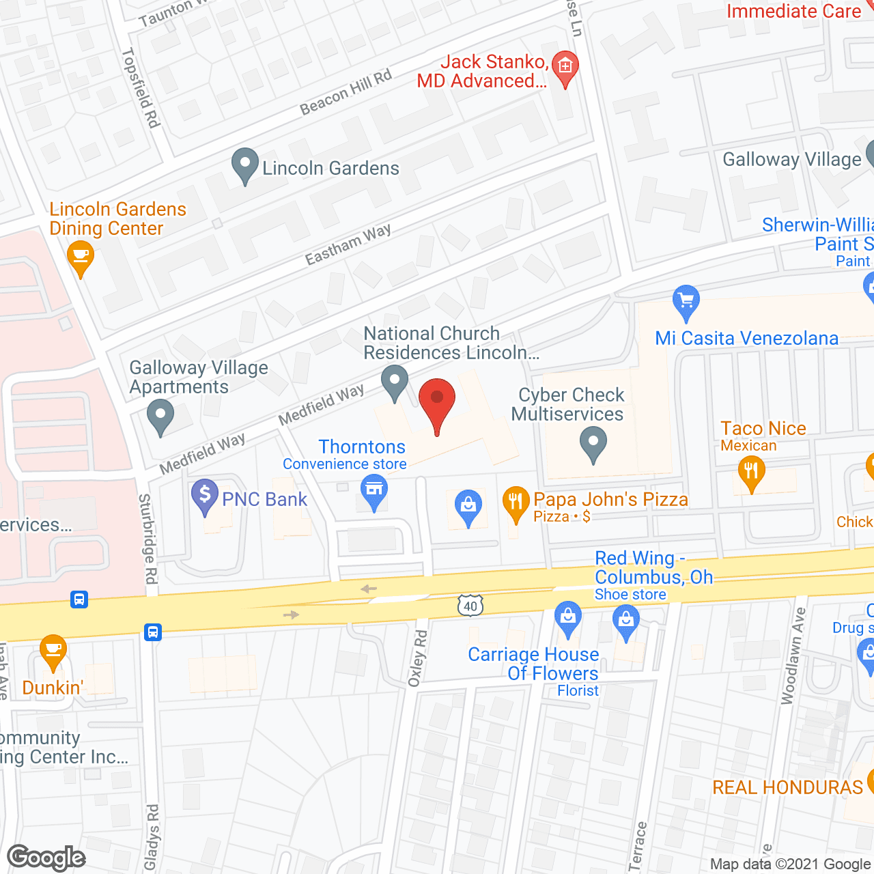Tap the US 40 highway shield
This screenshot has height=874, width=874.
coord(470,606)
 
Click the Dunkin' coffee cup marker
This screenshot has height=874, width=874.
coord(53,650)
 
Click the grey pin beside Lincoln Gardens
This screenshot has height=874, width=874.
coord(244,165)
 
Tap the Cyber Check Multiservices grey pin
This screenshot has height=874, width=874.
coord(593,443)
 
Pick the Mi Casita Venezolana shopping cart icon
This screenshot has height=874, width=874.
coord(686,302)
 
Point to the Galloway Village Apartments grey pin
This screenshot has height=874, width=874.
coord(160,416)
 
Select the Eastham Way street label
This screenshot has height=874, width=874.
coord(348,244)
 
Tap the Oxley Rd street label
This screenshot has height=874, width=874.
coord(417,658)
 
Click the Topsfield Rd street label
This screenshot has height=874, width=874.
coord(141,87)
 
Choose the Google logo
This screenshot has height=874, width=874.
coord(46,858)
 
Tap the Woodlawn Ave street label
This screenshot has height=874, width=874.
coord(793,656)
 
